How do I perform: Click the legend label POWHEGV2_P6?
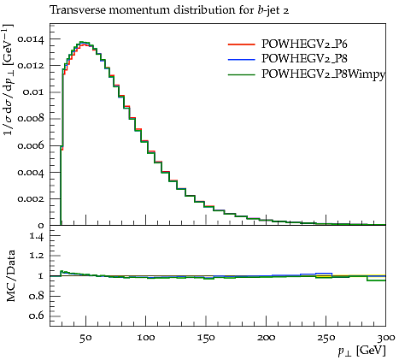[x=304, y=44]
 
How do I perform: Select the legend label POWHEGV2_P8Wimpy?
[x=323, y=74]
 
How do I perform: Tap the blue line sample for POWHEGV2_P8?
[x=241, y=59]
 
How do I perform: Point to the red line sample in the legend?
[x=241, y=44]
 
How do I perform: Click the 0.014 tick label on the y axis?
[x=31, y=39]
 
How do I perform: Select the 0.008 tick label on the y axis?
[x=31, y=118]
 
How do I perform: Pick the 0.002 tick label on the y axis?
[x=31, y=198]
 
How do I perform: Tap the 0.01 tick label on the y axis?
[x=33, y=92]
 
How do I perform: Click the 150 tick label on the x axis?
[x=206, y=338]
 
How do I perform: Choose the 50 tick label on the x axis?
[x=85, y=338]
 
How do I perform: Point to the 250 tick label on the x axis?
[x=326, y=338]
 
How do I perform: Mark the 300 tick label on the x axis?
[x=386, y=338]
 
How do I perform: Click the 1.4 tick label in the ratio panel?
[x=37, y=236]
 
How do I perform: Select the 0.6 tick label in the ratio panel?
[x=37, y=316]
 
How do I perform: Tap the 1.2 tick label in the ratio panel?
[x=37, y=256]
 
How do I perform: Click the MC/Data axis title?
[x=10, y=276]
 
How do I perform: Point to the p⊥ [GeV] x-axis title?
[x=361, y=351]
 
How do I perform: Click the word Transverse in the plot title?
[x=78, y=10]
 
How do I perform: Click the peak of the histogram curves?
[x=83, y=43]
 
